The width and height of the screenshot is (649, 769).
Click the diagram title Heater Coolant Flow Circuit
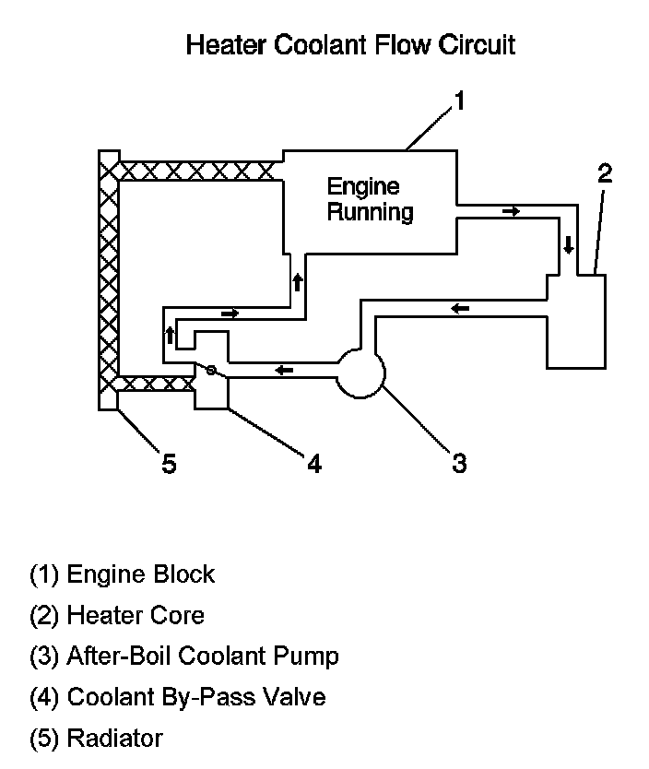point(350,45)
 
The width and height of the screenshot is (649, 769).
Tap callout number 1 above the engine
point(459,101)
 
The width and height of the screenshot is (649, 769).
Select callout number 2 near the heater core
point(605,173)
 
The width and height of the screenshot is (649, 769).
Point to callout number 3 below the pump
point(459,463)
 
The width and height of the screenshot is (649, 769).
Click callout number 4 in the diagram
point(314,463)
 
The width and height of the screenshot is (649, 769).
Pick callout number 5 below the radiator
point(169,464)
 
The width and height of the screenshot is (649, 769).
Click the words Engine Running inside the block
point(370,199)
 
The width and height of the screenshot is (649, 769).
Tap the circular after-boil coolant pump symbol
point(361,373)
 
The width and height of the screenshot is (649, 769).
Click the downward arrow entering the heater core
point(569,244)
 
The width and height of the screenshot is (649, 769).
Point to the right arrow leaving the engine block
point(512,211)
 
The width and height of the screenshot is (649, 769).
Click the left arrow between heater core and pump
point(460,309)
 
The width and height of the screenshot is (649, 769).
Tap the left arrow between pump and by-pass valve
point(284,370)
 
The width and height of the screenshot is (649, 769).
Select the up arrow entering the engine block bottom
point(298,282)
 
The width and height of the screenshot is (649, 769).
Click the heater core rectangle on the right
point(576,321)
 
